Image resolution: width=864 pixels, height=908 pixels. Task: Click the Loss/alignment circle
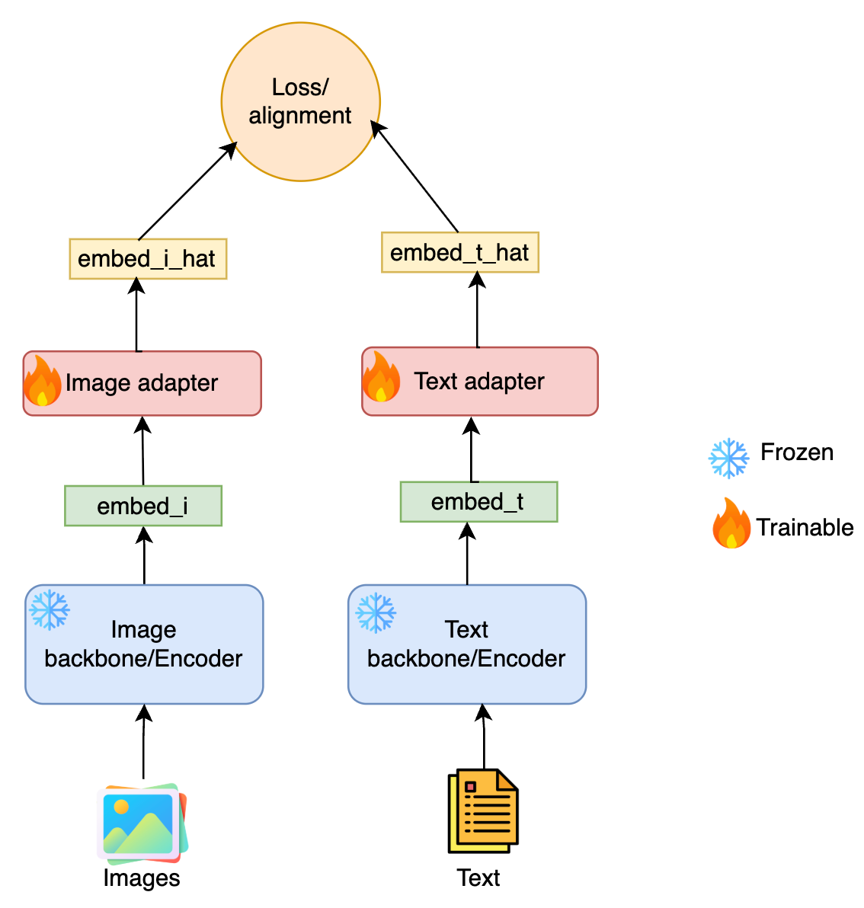300,102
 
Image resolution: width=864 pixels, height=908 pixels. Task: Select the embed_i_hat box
148,259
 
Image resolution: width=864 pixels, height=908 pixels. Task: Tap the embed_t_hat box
459,253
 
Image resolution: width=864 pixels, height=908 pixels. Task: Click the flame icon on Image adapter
43,382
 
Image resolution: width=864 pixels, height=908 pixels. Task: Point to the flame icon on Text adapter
381,378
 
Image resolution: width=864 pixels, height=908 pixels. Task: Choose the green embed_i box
143,506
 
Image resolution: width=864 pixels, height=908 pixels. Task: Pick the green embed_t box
478,502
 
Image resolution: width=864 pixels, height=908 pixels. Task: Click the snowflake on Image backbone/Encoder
50,609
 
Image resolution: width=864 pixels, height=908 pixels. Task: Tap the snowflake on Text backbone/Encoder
376,613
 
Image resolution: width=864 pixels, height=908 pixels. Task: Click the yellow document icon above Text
483,811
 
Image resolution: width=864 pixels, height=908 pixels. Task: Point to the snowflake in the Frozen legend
728,458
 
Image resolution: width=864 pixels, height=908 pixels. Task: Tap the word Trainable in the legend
805,527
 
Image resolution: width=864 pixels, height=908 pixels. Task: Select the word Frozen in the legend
797,452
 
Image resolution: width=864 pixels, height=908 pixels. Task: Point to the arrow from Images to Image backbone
143,743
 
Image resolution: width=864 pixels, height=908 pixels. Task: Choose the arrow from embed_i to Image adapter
142,452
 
